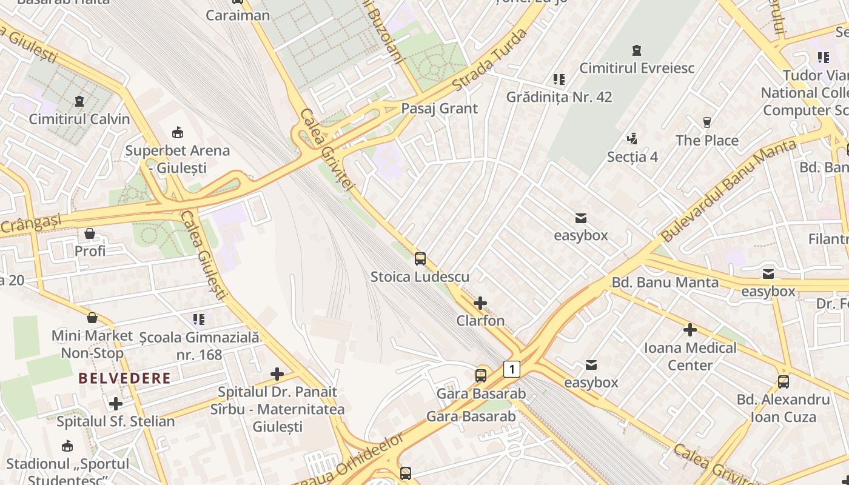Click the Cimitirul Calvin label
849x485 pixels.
point(79,119)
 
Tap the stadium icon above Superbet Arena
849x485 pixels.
point(178,132)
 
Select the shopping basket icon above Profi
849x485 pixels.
point(90,233)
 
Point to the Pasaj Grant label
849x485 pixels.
point(440,109)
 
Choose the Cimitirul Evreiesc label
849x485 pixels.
point(637,68)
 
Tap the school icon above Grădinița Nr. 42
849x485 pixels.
point(559,79)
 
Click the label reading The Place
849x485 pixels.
point(707,141)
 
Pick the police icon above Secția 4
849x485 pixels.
point(633,139)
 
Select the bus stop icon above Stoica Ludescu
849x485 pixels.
point(420,259)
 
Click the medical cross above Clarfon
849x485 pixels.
point(480,303)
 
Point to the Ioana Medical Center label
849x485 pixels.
point(690,356)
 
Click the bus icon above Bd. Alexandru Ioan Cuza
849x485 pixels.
point(784,382)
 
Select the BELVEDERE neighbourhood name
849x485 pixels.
point(124,378)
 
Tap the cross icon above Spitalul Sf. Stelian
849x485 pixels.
point(116,404)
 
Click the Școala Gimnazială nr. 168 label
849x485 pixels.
point(199,346)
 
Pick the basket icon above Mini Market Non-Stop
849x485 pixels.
point(92,318)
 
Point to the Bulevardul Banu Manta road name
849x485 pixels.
point(728,190)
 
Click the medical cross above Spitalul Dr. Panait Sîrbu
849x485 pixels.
point(277,374)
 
